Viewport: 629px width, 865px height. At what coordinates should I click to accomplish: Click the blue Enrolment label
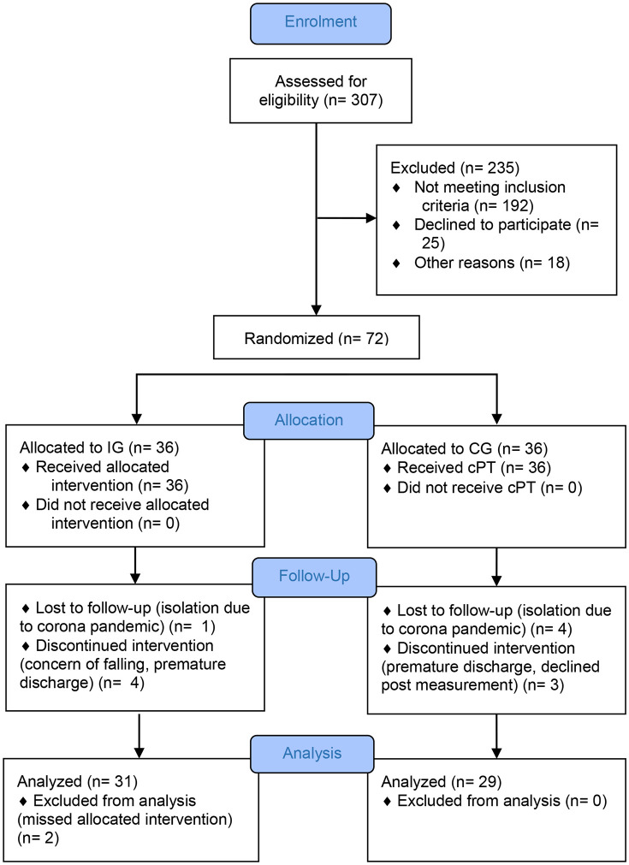tap(321, 23)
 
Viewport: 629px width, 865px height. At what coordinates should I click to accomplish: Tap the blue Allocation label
tap(309, 420)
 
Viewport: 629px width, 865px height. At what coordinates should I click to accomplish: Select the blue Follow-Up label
tap(314, 577)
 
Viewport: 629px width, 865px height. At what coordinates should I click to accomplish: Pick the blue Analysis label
tap(312, 754)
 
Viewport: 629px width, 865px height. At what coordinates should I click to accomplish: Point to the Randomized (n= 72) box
tap(316, 337)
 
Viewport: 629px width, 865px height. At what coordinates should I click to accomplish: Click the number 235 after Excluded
tap(501, 168)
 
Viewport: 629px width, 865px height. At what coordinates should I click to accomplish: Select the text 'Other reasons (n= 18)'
tap(492, 263)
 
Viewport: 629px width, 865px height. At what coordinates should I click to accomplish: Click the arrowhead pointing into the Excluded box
tap(371, 218)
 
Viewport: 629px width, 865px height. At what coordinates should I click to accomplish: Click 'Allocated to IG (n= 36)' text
tap(99, 447)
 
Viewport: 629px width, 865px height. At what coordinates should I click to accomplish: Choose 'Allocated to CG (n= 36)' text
tap(465, 448)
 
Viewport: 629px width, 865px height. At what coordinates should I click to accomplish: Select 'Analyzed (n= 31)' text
tap(77, 782)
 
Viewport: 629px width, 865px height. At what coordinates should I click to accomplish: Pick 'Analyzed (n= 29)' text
tap(442, 782)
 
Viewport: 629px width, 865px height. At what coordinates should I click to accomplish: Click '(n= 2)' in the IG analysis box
tap(38, 838)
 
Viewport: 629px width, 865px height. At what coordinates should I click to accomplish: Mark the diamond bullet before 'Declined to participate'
tap(397, 225)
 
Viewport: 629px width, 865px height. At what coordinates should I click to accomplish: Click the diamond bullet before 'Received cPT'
tap(388, 469)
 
